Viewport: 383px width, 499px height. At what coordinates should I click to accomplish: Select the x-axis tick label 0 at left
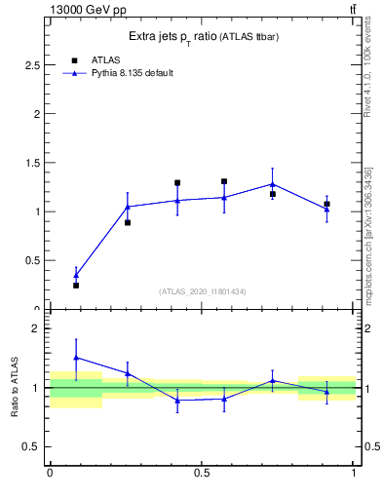click(50, 473)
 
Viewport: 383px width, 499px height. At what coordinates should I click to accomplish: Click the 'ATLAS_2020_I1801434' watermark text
click(202, 291)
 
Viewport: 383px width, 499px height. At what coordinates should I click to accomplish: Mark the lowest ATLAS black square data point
click(76, 286)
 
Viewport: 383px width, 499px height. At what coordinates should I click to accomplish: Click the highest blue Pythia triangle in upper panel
click(272, 183)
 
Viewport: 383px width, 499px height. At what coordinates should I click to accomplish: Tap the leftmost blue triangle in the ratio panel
click(76, 358)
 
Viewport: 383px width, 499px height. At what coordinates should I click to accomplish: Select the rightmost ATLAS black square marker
click(326, 204)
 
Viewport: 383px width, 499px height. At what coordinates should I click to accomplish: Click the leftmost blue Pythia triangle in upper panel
click(76, 275)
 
